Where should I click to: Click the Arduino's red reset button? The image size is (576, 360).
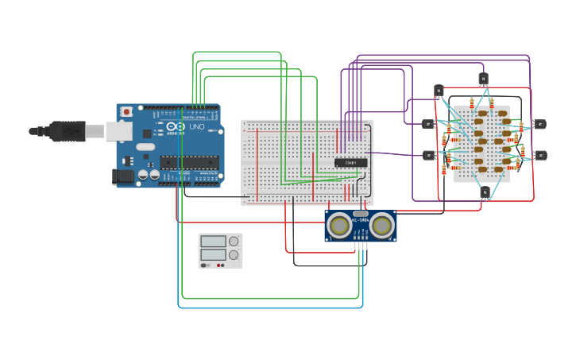(x=125, y=112)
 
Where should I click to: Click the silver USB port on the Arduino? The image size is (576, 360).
(x=119, y=131)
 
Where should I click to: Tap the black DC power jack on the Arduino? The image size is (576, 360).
(x=122, y=176)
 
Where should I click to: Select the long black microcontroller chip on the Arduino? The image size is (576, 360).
(x=188, y=162)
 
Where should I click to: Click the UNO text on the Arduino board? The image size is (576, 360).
(x=195, y=127)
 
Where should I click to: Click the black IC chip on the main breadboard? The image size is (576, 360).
(x=350, y=162)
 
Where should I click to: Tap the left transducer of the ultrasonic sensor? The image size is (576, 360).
(x=341, y=226)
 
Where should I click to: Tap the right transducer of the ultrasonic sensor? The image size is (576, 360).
(x=381, y=226)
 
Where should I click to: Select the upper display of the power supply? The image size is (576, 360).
(x=213, y=241)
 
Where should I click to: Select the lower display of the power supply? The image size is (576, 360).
(x=213, y=255)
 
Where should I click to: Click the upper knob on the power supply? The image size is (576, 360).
(x=234, y=241)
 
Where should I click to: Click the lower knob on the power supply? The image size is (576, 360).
(x=234, y=255)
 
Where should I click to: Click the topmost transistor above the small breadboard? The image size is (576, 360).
(x=483, y=78)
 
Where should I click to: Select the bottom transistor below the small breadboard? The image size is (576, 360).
(x=485, y=192)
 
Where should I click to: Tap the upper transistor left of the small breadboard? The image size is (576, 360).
(x=428, y=123)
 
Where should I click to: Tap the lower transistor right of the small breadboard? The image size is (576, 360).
(x=540, y=155)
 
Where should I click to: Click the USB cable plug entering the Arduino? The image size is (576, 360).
(x=68, y=130)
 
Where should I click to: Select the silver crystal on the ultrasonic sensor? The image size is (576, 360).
(x=361, y=214)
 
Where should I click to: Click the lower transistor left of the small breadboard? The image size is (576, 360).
(x=428, y=155)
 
